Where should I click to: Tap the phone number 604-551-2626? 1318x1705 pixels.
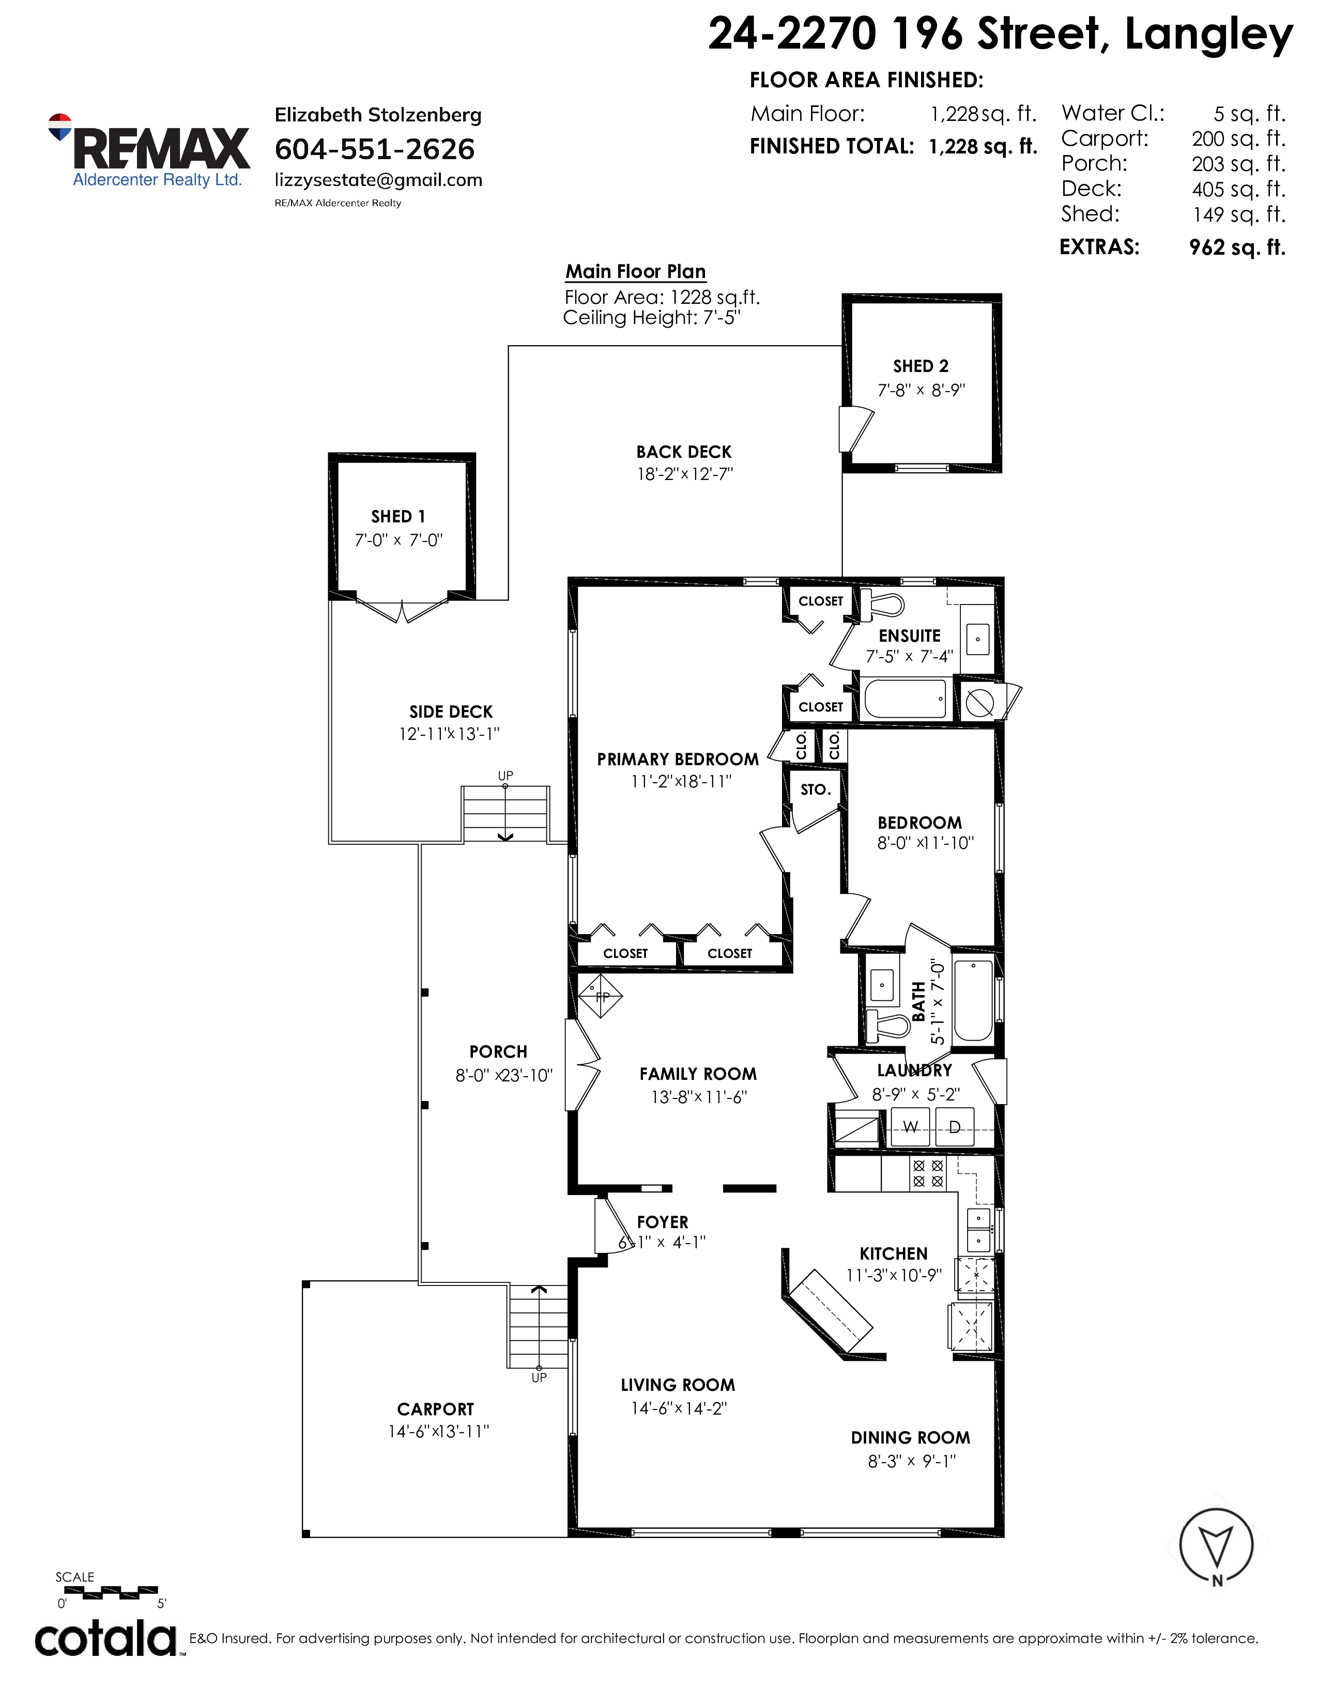click(x=375, y=149)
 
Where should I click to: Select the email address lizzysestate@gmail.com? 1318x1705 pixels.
click(x=379, y=180)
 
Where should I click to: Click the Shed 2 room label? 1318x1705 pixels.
click(x=921, y=366)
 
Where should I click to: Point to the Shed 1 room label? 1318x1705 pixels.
click(x=398, y=517)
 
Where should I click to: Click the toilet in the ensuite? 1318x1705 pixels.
click(x=882, y=605)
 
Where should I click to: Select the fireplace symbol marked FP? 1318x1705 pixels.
click(x=601, y=996)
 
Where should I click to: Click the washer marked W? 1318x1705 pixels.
click(x=910, y=1126)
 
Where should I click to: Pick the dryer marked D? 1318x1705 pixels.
click(x=954, y=1126)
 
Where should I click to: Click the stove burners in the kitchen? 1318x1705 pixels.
click(x=928, y=1173)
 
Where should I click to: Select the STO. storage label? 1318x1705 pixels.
click(x=815, y=790)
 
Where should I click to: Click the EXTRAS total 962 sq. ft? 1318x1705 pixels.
click(x=1237, y=247)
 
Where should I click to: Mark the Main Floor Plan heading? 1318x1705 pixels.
click(x=636, y=272)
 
